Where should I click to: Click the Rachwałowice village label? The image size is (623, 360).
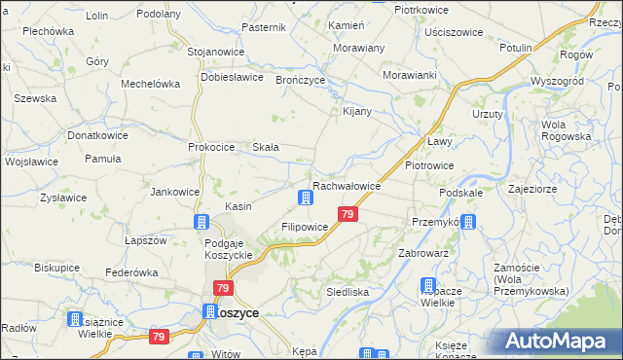coord(351,185)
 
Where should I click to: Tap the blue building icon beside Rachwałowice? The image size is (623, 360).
coord(306,199)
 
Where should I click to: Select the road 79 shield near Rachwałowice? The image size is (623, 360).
coord(348,214)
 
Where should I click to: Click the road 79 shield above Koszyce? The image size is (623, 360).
coord(224,289)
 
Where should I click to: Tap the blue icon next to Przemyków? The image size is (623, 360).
coord(468,222)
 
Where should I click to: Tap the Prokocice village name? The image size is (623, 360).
coord(211,147)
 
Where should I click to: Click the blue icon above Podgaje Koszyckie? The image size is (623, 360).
coord(202,222)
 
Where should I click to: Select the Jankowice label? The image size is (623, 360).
coord(174,192)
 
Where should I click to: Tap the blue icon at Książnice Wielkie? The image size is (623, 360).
coord(75,318)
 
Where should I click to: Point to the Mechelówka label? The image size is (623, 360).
coord(150,84)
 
